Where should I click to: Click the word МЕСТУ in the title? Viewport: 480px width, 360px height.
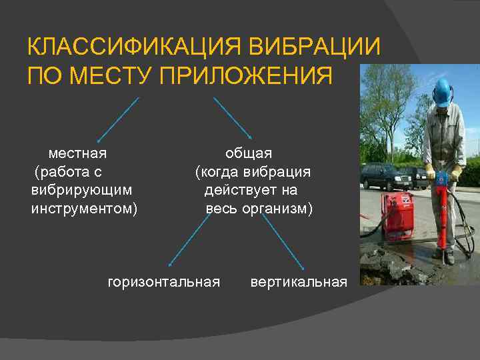pos(111,75)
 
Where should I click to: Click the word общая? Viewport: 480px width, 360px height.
pos(248,153)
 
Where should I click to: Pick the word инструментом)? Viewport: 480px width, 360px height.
pos(85,209)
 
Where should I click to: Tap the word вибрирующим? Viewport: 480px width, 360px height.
pos(81,191)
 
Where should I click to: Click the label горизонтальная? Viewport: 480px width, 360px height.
pos(164,282)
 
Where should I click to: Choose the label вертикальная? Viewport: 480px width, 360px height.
pos(299,282)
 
